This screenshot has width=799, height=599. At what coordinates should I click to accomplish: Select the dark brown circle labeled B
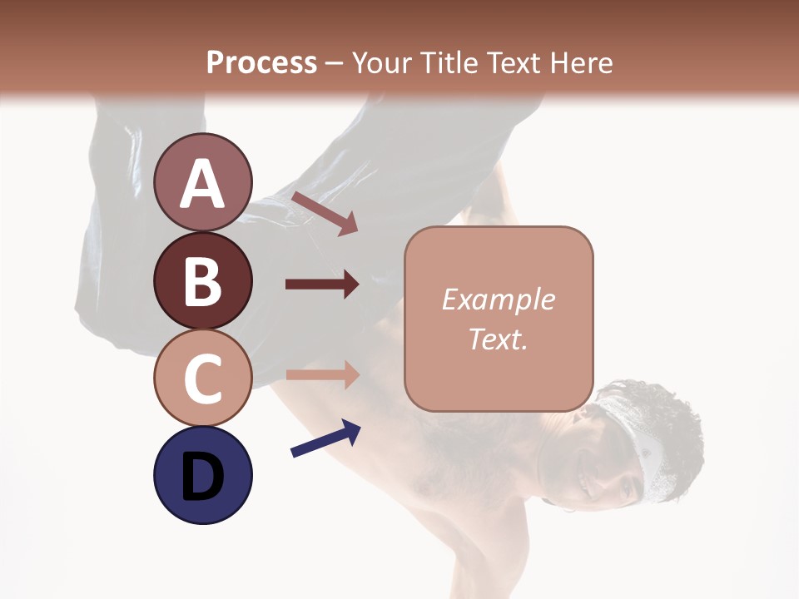(203, 280)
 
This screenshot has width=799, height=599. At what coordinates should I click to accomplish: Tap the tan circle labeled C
(203, 378)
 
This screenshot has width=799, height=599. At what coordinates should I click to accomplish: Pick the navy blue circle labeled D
(203, 475)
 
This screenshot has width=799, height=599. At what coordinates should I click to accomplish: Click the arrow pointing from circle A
(325, 213)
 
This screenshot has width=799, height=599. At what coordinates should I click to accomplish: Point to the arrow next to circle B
(322, 284)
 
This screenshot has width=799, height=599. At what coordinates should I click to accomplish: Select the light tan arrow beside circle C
(322, 375)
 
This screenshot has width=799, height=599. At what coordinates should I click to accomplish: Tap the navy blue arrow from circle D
(325, 438)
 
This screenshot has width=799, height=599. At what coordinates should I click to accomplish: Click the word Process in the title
(261, 62)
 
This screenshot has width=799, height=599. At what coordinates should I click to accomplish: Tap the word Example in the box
(498, 299)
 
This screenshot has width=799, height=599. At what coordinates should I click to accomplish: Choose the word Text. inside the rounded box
(498, 339)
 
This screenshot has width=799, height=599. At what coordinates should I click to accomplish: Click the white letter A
(203, 184)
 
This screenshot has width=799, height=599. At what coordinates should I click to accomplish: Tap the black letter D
(203, 477)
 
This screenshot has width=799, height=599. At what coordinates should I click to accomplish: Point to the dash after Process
(335, 63)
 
